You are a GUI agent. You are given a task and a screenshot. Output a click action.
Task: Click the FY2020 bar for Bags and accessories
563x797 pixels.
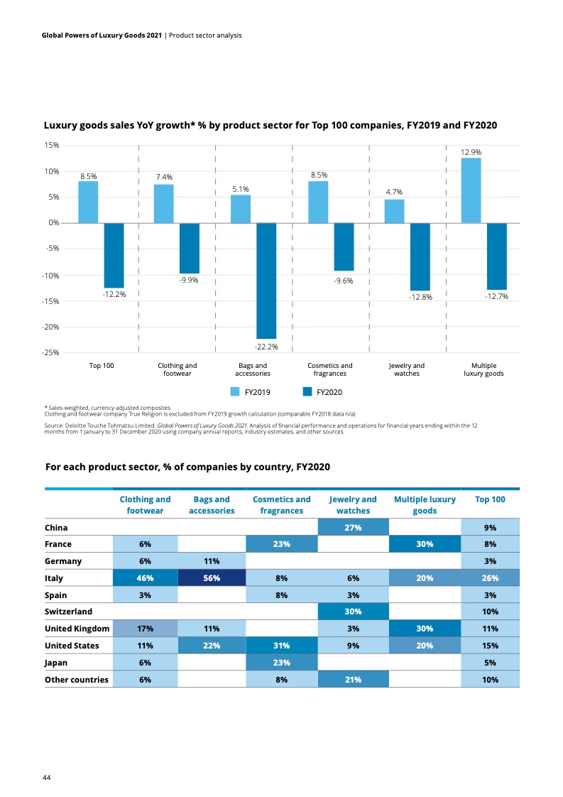click(266, 281)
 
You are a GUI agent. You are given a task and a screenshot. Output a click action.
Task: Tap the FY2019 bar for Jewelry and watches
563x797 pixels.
click(394, 211)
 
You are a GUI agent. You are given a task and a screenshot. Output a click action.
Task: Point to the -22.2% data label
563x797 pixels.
click(266, 347)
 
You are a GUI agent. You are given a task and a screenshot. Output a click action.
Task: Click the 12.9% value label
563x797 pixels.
click(471, 152)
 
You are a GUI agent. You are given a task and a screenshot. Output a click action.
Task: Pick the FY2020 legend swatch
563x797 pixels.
click(307, 391)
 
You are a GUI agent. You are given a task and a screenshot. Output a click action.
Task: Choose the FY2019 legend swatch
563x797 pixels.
click(235, 391)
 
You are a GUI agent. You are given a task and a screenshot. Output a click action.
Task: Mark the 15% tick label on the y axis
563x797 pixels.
click(51, 145)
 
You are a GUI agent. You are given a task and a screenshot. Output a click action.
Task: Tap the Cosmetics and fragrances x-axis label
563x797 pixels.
click(329, 369)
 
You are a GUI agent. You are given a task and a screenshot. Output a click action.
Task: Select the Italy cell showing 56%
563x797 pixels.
click(211, 578)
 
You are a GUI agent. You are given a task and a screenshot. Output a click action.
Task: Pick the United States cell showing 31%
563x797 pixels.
click(281, 646)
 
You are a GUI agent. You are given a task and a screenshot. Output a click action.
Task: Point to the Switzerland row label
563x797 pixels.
click(68, 612)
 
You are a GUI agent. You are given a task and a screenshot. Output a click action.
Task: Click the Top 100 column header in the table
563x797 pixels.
click(489, 499)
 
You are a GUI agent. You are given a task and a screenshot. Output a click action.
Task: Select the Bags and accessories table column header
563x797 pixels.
click(211, 505)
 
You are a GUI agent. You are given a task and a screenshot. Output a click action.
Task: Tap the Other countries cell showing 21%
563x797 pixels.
click(353, 680)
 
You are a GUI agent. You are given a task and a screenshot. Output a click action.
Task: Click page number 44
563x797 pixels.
click(46, 778)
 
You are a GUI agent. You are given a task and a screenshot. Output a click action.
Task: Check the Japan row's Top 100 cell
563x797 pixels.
click(489, 663)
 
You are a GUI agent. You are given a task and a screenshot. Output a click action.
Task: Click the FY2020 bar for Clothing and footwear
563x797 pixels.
click(189, 248)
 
